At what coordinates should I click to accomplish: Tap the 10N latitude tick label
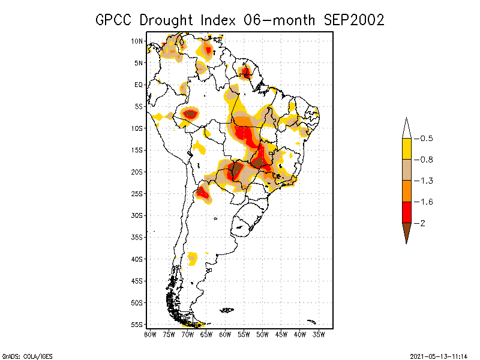coord(137,41)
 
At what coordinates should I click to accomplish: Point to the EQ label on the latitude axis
coord(139,85)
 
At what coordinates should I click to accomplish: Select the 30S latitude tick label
coord(137,215)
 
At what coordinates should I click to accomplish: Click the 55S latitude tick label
coord(137,325)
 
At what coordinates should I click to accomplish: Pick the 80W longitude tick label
coord(150,334)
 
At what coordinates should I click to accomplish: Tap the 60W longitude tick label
coord(225,334)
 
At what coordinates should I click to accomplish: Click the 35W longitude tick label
coord(319,334)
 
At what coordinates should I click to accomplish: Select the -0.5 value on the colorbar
coord(426,139)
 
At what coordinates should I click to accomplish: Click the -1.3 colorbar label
coord(426,181)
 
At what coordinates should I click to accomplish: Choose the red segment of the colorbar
coord(406,212)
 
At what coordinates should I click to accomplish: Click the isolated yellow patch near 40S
coord(193,259)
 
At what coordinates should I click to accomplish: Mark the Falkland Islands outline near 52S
coord(227,310)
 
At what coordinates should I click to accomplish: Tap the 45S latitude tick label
coord(137,281)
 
